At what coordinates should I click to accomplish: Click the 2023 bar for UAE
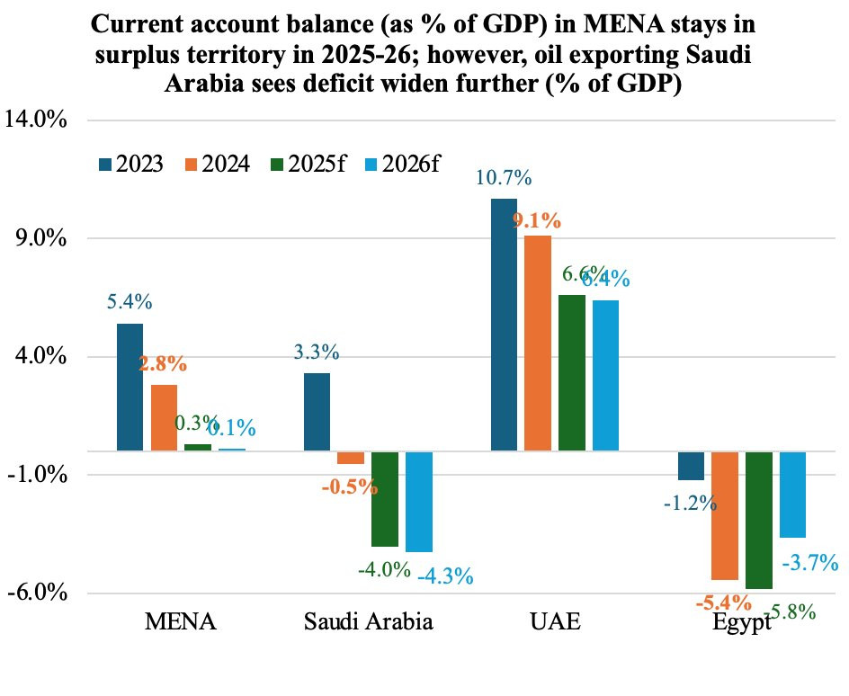point(504,324)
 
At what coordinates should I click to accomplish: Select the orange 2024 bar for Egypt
point(725,515)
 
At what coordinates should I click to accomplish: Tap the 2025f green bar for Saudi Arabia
point(385,499)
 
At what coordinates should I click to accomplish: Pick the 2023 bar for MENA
point(130,387)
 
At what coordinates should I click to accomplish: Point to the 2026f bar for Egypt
point(792,494)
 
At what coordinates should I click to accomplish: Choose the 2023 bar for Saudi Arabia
point(317,411)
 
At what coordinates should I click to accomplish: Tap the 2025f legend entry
point(309,165)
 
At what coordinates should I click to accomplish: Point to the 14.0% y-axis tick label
point(38,120)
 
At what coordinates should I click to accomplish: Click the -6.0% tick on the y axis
point(38,593)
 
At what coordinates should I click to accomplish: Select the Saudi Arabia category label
point(368,622)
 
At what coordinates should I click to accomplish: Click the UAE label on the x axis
point(555,622)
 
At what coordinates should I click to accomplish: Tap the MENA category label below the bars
point(181,622)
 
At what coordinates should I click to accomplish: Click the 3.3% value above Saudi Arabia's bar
point(317,352)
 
